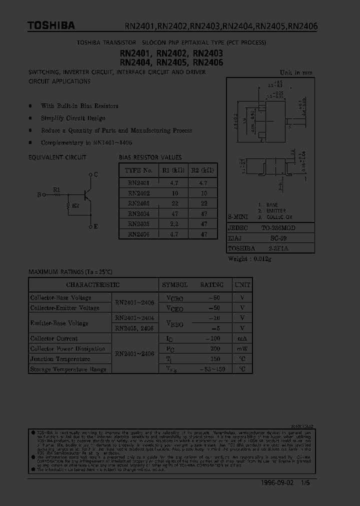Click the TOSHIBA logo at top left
coord(51,25)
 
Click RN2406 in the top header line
coord(301,26)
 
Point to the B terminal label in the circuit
coord(39,195)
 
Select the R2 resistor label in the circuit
coord(75,205)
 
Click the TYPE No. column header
coord(138,170)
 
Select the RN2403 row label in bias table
coord(138,203)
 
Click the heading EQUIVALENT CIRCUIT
coord(57,157)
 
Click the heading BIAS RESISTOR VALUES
coord(150,157)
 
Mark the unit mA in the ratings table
coord(242,338)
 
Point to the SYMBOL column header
coord(174,285)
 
